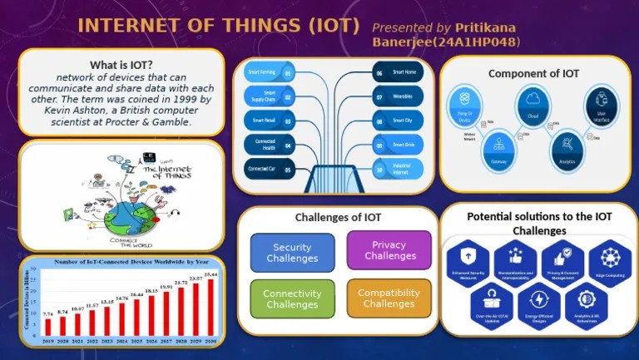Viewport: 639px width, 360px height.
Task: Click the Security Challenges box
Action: (292, 253)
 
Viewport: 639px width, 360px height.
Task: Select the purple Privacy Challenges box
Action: (389, 250)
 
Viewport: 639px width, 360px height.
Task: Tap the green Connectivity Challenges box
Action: (292, 298)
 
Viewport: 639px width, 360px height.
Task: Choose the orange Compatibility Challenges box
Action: (389, 298)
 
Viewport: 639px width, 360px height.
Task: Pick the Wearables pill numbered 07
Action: (398, 97)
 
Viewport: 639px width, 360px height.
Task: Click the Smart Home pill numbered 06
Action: (398, 73)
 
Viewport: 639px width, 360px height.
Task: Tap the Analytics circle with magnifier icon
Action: (568, 150)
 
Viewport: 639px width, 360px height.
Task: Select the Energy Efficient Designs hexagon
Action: (539, 303)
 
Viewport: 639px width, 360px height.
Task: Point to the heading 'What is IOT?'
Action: (121, 66)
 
